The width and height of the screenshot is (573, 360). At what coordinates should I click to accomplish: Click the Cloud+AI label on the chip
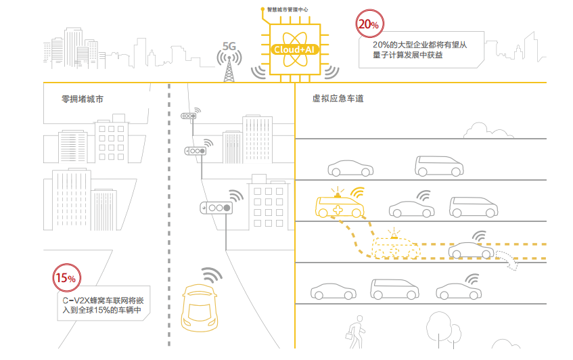point(294,49)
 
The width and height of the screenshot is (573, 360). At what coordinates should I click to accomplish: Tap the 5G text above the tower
point(229,47)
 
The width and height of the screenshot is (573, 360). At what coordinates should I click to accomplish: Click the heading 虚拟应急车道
point(338,99)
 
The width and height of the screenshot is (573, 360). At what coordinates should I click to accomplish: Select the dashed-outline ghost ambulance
point(395,248)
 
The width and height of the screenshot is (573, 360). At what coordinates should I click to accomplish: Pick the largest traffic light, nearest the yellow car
point(216,208)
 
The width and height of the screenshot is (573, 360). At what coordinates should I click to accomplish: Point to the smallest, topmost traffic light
point(188,116)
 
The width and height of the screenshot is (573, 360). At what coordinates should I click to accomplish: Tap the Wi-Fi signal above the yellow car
point(212,275)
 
